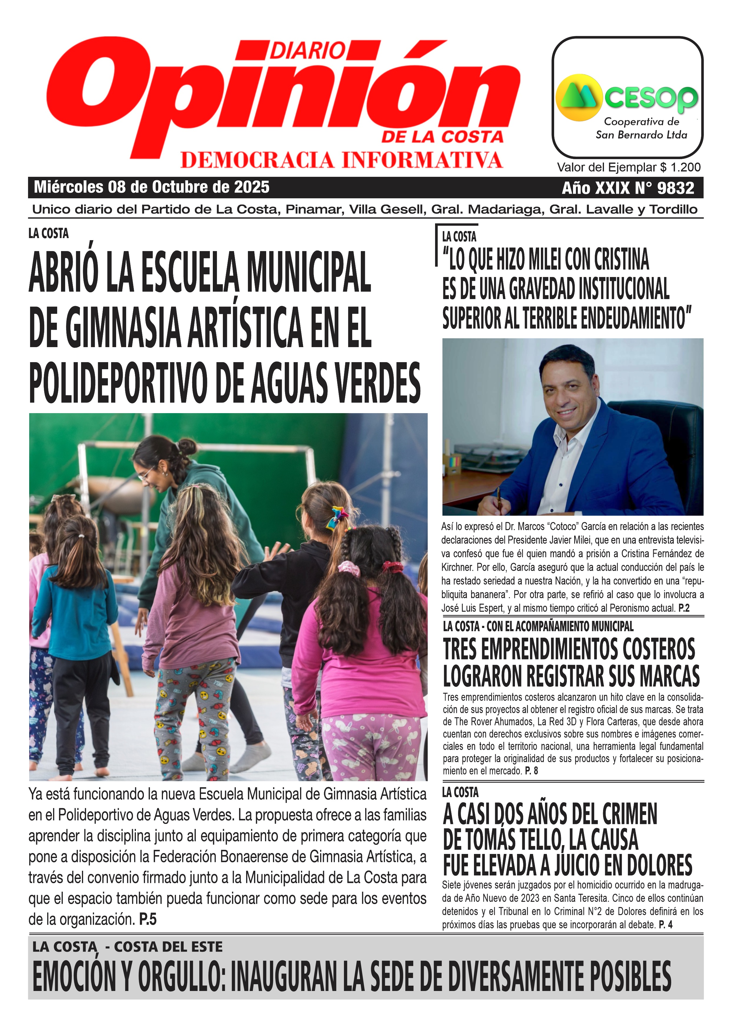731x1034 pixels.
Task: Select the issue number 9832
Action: (x=675, y=188)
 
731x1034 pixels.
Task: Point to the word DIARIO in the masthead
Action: (x=308, y=50)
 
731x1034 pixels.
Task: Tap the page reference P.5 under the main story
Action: (x=148, y=919)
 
